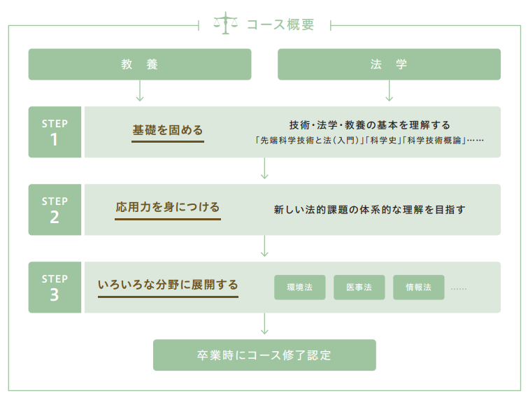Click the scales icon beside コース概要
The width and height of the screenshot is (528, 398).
click(x=226, y=23)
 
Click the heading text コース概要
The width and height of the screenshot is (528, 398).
click(x=280, y=24)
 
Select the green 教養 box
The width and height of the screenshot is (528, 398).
click(x=140, y=64)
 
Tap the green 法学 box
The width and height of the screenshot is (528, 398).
click(x=389, y=64)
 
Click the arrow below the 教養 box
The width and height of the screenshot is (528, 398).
click(x=140, y=90)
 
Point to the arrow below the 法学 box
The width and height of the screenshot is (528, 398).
click(x=390, y=90)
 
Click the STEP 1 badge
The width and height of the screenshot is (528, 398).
click(x=55, y=132)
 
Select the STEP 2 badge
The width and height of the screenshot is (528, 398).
click(x=55, y=209)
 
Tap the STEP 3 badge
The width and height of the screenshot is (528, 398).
click(x=55, y=287)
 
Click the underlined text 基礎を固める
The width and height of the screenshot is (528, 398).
click(x=168, y=130)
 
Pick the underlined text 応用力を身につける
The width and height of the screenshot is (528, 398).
click(x=168, y=207)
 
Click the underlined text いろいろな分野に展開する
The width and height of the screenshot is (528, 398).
click(x=168, y=285)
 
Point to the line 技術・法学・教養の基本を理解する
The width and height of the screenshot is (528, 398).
click(x=369, y=125)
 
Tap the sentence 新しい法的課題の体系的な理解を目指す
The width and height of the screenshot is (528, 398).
click(x=369, y=210)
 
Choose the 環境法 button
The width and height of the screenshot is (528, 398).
click(x=300, y=287)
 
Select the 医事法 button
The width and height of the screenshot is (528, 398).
click(x=359, y=287)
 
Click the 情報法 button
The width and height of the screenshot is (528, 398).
click(x=419, y=287)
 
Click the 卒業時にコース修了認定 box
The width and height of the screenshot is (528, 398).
click(x=264, y=355)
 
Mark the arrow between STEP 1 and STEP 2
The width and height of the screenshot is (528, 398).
click(x=264, y=169)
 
